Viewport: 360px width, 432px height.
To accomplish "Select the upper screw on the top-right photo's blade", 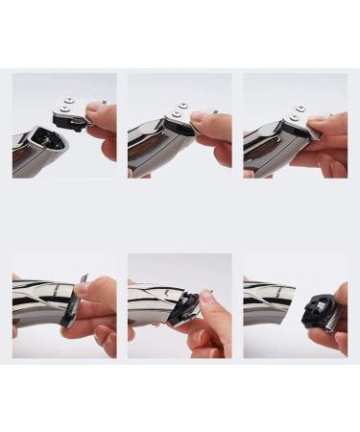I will point(300,109).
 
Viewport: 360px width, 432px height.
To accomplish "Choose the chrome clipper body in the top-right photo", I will point(264,149).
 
